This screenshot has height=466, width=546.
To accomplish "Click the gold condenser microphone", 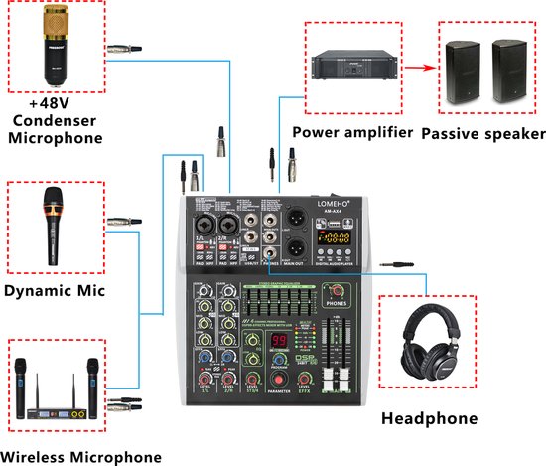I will [56, 46].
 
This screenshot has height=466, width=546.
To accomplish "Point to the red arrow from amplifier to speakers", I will [418, 69].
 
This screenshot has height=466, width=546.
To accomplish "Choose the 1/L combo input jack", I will [201, 224].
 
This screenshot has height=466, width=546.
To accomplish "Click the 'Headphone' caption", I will [429, 418].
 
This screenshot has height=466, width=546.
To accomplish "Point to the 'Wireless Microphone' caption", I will [82, 456].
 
